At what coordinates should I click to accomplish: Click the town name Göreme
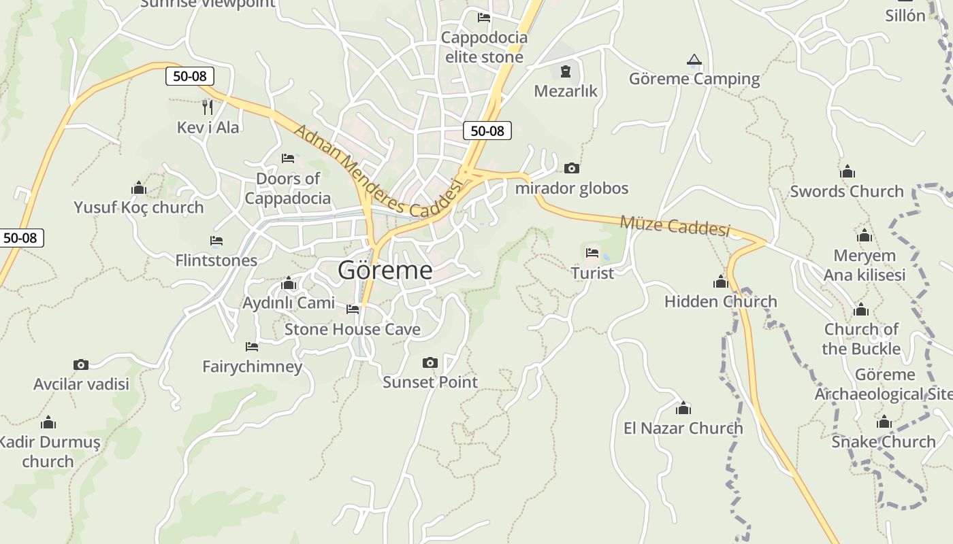[385, 271]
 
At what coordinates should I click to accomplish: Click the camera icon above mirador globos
[572, 168]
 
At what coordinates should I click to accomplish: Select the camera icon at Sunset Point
[430, 362]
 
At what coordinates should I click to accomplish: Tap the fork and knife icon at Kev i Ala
[208, 107]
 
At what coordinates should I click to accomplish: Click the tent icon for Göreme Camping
[694, 60]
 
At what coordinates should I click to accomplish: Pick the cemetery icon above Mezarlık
[565, 71]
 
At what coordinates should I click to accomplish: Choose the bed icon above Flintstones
[216, 241]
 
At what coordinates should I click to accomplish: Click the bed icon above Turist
[592, 253]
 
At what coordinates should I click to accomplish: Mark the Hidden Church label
[720, 301]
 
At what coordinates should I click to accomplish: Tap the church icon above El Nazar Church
[683, 408]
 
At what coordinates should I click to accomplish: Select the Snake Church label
[883, 441]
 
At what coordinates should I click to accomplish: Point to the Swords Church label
[846, 191]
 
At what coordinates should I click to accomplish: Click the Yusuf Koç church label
[139, 207]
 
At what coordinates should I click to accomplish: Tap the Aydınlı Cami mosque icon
[289, 283]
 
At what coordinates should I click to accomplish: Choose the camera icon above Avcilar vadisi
[81, 365]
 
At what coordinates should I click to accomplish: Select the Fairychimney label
[252, 367]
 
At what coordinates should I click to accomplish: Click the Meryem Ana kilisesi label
[864, 265]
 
